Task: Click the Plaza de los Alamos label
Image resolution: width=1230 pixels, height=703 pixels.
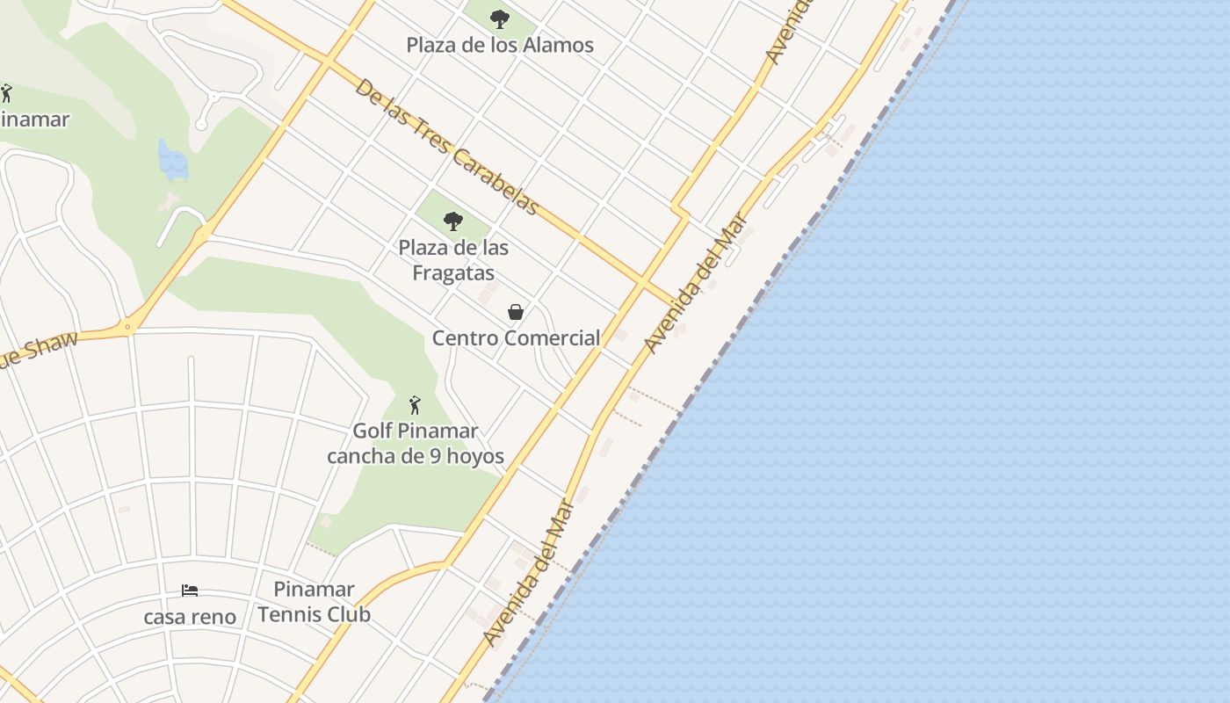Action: click(x=500, y=45)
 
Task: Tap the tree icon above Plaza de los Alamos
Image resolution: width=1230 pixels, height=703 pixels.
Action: click(x=500, y=18)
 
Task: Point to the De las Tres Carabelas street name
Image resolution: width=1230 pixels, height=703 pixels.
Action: click(x=446, y=147)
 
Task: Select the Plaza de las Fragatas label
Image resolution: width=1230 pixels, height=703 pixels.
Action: click(x=453, y=260)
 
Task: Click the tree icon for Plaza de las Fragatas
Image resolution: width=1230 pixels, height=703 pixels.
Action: click(x=453, y=221)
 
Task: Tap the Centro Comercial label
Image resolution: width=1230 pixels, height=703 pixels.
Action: click(x=516, y=337)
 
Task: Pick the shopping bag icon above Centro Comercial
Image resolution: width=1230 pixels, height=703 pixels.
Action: click(x=516, y=312)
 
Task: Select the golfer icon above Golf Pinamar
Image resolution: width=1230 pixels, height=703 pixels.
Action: click(x=415, y=405)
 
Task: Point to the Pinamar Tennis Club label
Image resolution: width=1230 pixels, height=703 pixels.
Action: click(x=314, y=601)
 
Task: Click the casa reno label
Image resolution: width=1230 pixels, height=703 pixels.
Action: click(x=190, y=617)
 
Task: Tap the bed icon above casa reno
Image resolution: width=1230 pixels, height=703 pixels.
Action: click(x=190, y=591)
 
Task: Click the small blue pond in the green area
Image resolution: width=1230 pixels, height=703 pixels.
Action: click(x=173, y=162)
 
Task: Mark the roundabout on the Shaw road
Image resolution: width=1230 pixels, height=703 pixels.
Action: click(x=128, y=328)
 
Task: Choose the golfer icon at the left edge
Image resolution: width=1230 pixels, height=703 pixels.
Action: click(x=6, y=92)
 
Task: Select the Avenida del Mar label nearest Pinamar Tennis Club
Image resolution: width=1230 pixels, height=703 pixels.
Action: click(x=529, y=573)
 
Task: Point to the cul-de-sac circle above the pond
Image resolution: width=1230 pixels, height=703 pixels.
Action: click(x=201, y=125)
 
